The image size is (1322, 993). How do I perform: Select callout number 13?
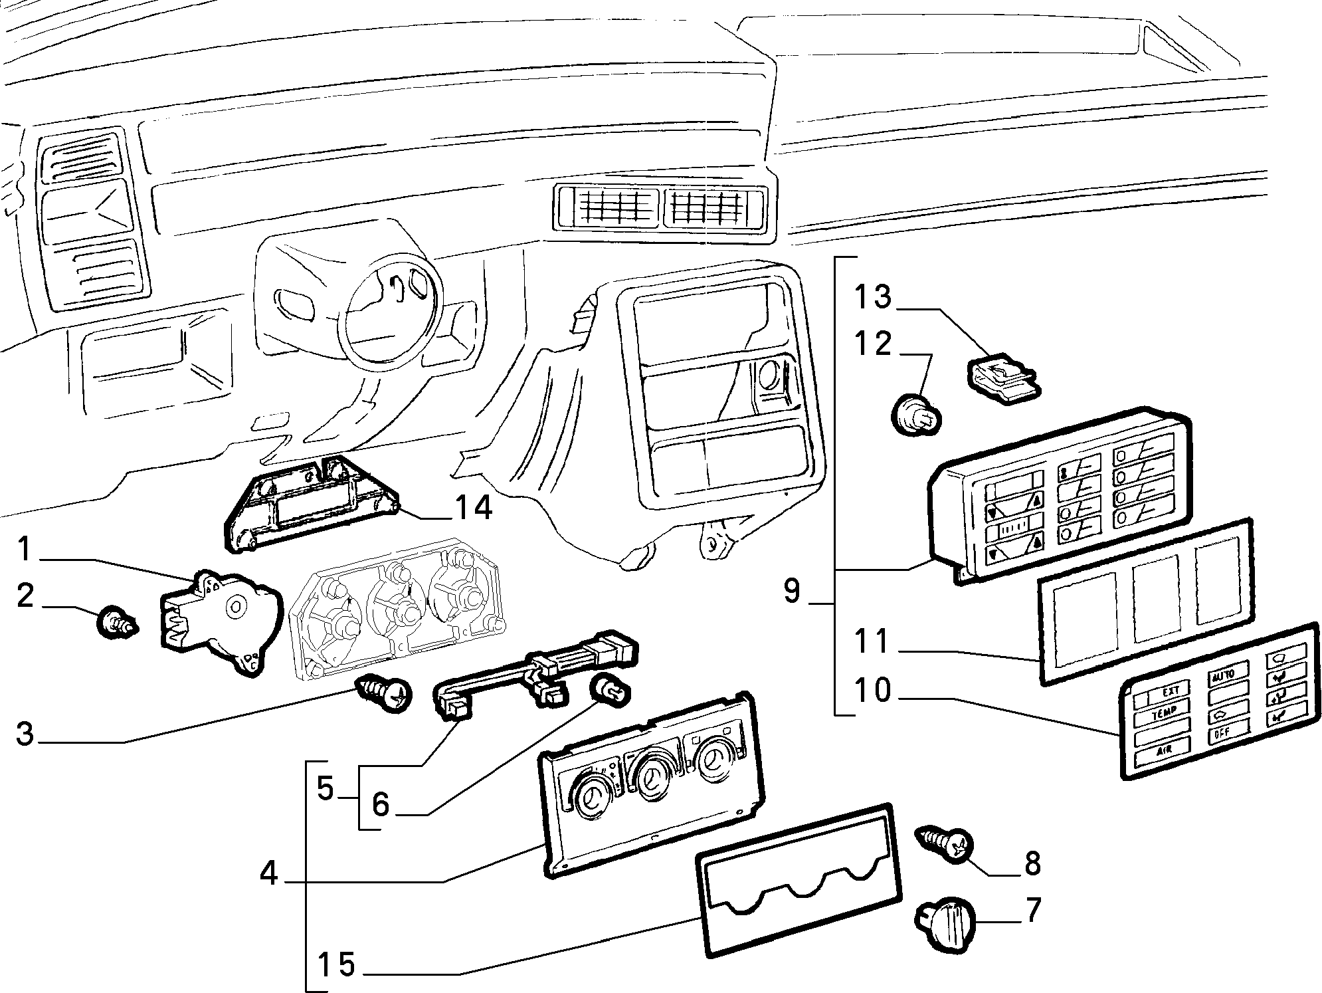pyautogui.click(x=873, y=296)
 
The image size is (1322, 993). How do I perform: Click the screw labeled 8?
pyautogui.click(x=944, y=843)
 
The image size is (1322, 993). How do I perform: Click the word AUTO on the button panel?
pyautogui.click(x=1223, y=676)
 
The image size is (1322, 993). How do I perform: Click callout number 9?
pyautogui.click(x=792, y=590)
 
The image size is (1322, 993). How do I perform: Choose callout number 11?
pyautogui.click(x=872, y=641)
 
